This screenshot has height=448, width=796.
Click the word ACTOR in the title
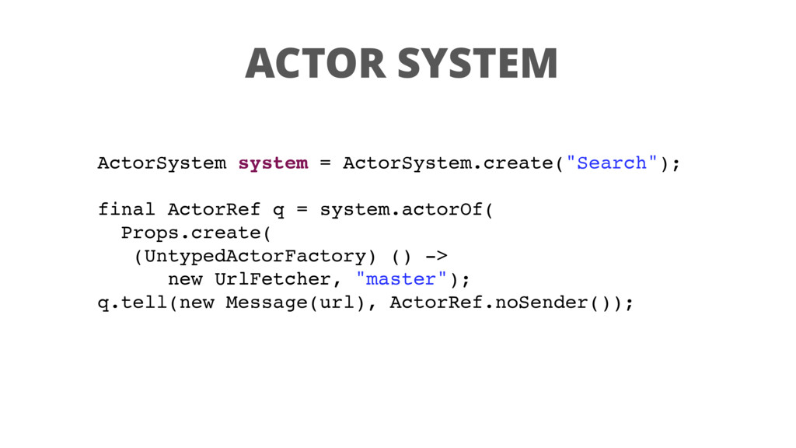pos(315,63)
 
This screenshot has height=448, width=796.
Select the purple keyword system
pos(273,163)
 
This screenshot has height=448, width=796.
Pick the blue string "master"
pos(400,279)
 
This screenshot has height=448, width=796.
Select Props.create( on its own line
pos(197,233)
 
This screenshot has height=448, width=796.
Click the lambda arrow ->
pos(435,256)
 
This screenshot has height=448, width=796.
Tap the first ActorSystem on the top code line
pos(162,163)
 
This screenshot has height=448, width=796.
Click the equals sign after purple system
pos(325,163)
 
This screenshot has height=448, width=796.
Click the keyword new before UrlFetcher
pos(185,279)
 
